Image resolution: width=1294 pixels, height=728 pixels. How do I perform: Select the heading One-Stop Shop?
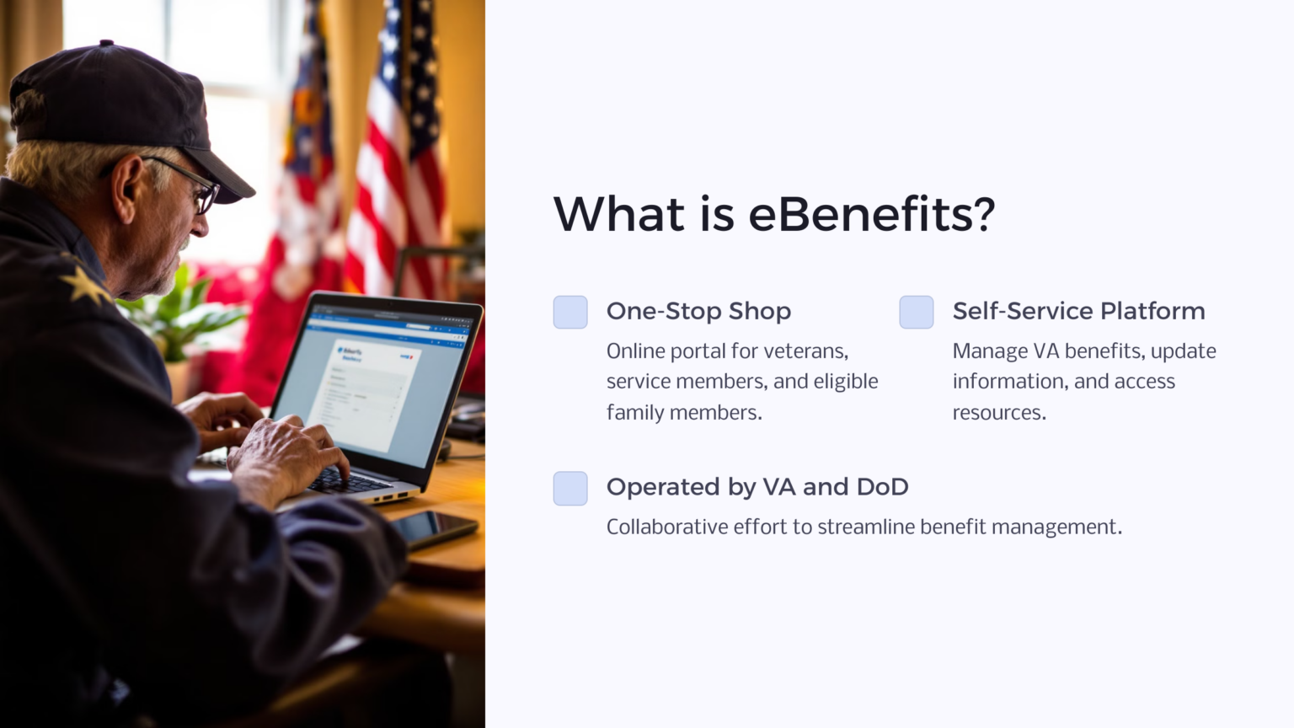[x=698, y=311]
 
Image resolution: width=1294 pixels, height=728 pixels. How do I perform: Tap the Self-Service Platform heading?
[x=1078, y=311]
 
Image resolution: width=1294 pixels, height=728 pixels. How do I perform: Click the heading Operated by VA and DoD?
[x=757, y=487]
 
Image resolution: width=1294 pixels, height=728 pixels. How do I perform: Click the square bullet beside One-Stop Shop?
[x=570, y=313]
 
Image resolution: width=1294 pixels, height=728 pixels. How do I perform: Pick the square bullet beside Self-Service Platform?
[x=917, y=313]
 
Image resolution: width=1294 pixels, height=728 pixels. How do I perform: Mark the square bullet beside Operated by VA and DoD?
[x=570, y=489]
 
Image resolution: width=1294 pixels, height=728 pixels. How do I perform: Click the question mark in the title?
[x=982, y=214]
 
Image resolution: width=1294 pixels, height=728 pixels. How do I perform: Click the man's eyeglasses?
[x=198, y=188]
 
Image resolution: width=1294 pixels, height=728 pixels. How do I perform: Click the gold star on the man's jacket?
[x=85, y=284]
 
